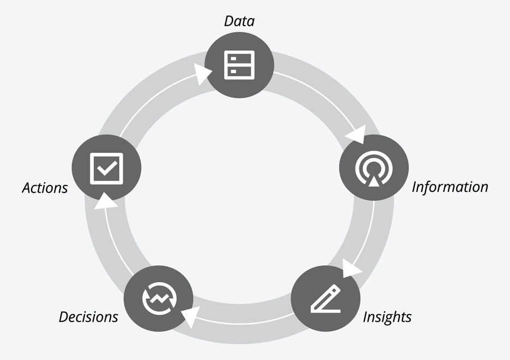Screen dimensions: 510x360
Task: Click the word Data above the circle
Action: click(239, 21)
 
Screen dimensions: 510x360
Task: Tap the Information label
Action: click(450, 187)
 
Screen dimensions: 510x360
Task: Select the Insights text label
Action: click(387, 317)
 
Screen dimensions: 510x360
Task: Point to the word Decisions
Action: click(88, 317)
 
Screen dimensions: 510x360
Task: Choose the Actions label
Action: click(45, 188)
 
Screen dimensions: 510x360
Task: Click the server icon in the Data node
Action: click(239, 65)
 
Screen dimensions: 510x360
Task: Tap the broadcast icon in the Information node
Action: click(374, 169)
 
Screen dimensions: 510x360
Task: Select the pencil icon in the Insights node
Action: click(326, 299)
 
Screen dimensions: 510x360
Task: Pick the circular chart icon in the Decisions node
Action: click(159, 298)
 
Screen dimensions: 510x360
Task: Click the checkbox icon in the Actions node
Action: click(106, 169)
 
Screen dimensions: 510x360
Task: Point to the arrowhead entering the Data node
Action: click(202, 74)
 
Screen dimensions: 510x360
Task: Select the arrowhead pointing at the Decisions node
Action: click(190, 316)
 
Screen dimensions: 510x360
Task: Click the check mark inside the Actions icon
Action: click(107, 168)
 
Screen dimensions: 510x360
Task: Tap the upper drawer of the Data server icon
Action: click(239, 58)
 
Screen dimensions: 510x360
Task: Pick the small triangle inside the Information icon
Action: click(374, 181)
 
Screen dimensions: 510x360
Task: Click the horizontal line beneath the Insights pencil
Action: click(326, 311)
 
